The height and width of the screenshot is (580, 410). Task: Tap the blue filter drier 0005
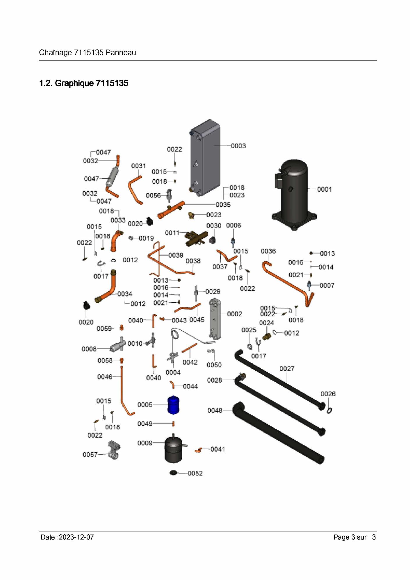coord(173,405)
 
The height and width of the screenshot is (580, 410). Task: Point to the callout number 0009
coord(145,443)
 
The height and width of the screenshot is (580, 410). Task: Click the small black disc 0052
coord(173,473)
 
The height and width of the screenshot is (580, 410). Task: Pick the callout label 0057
coord(90,454)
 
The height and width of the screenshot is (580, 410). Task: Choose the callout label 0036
coord(268,251)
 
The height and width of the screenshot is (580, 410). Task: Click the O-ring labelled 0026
coord(329,410)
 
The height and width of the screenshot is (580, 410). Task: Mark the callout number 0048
coord(215,410)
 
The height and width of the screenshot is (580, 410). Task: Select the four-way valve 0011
coord(196,238)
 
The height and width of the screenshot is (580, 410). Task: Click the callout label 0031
coord(138,166)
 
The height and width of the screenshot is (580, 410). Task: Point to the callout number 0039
coord(176,255)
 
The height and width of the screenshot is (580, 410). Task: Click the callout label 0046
coord(105,377)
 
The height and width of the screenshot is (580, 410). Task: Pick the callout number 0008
coord(89,349)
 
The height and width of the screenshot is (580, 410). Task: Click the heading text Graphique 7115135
coord(91,83)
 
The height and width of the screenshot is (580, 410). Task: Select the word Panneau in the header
coord(121,53)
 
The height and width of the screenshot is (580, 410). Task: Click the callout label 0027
coord(287,369)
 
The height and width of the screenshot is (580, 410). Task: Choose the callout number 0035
coord(223,205)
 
